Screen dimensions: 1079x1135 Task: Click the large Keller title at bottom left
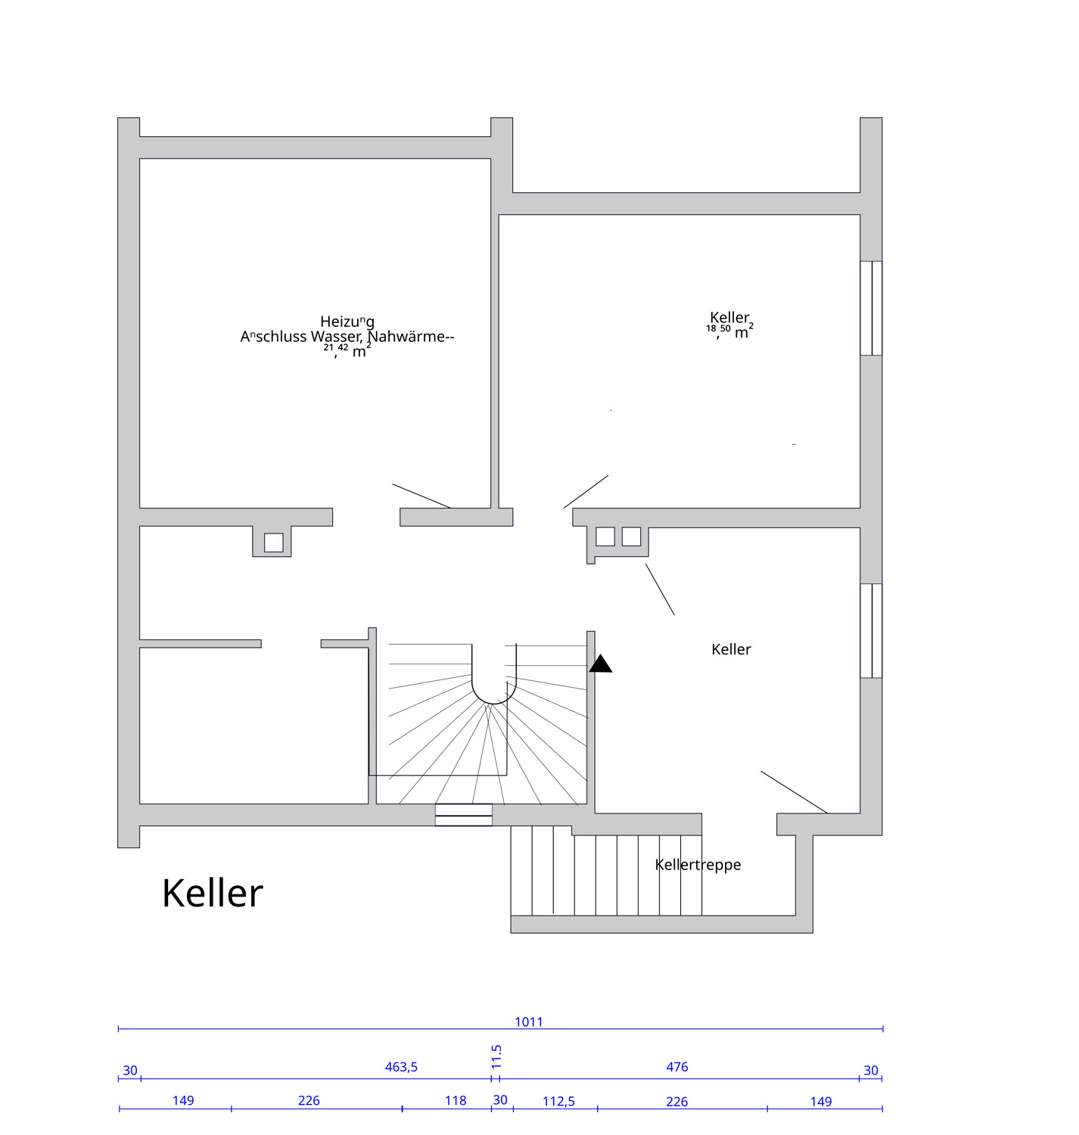(213, 893)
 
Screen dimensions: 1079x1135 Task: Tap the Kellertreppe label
(698, 864)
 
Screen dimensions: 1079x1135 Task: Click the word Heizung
(347, 322)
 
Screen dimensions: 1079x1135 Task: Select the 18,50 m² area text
(729, 331)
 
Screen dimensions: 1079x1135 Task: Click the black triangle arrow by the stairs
(601, 664)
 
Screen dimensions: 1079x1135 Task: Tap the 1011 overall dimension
(529, 1022)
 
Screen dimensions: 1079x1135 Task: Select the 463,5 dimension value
(401, 1067)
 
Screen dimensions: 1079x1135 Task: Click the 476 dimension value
(676, 1067)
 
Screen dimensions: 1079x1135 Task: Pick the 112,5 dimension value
(558, 1101)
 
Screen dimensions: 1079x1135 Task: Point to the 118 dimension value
(456, 1100)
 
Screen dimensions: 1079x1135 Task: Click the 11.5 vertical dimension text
(496, 1056)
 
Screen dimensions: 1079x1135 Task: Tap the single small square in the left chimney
(274, 542)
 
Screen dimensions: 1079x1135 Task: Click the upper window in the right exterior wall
(871, 308)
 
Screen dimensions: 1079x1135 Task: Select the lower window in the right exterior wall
(871, 630)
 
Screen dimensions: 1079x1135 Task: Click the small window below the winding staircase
(464, 815)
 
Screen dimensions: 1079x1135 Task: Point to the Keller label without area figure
(731, 649)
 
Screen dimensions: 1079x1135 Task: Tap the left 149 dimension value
(183, 1100)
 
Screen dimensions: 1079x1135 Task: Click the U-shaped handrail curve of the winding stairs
(494, 692)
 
